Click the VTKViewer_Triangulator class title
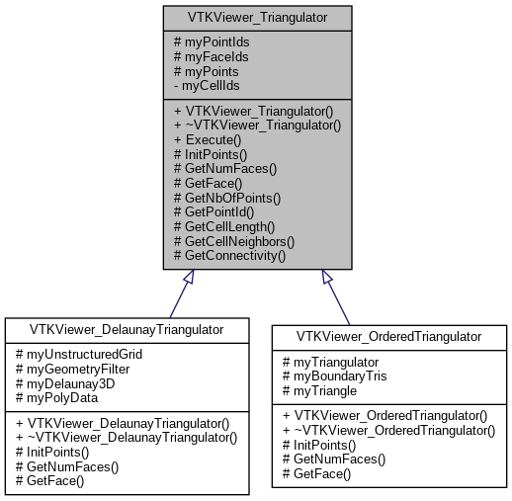coord(257,17)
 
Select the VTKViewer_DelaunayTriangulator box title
coord(127,328)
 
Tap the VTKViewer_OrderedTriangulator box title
coord(390,336)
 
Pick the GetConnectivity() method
coord(228,255)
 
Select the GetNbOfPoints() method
coord(226,198)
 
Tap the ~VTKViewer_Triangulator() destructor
coord(257,126)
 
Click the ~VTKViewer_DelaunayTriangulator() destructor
coord(127,437)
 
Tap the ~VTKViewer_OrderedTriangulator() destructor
coord(390,431)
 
